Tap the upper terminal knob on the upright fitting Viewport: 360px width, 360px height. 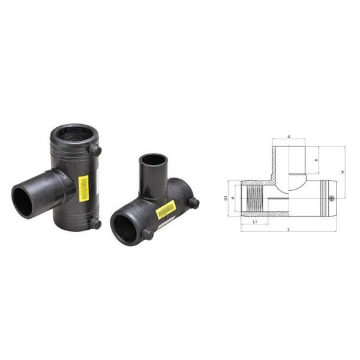(95, 151)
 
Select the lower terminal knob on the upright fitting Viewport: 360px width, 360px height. (95, 224)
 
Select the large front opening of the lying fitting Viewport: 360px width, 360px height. (125, 228)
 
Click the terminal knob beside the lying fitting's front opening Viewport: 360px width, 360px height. (148, 235)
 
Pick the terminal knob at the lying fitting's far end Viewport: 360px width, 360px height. (193, 203)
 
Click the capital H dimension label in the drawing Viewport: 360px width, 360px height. (343, 172)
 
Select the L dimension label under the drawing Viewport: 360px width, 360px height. (290, 230)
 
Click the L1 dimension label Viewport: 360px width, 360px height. (255, 222)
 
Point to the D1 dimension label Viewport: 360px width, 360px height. (226, 197)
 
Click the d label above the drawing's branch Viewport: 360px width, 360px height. (289, 137)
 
